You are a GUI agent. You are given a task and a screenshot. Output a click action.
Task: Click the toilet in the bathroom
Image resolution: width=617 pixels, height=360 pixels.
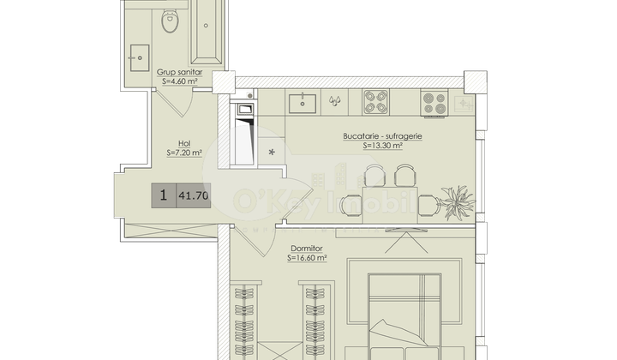pos(170,22)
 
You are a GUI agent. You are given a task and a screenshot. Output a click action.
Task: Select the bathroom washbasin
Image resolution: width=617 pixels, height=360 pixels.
pos(137,60)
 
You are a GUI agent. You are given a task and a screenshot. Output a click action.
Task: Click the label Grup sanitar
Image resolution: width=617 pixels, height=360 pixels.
pos(179,74)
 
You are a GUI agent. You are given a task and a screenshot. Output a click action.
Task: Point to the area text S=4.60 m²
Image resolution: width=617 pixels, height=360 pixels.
pos(182,82)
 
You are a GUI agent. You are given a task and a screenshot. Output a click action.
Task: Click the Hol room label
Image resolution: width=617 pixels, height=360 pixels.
pos(183,143)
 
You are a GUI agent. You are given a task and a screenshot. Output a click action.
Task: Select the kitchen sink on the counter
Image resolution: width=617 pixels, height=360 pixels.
pos(304,103)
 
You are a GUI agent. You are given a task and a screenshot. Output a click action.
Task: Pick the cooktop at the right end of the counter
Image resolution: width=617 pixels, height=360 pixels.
pos(434,103)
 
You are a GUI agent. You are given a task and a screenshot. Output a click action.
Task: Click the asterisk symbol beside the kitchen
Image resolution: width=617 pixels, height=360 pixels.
pos(273,153)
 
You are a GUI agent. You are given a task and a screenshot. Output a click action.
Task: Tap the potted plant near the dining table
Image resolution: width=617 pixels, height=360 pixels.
pos(457,202)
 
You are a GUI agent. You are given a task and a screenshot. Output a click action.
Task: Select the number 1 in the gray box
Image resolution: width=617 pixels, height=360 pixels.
pos(162,195)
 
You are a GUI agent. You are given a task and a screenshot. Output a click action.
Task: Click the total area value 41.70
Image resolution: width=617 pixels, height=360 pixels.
pos(193,196)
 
